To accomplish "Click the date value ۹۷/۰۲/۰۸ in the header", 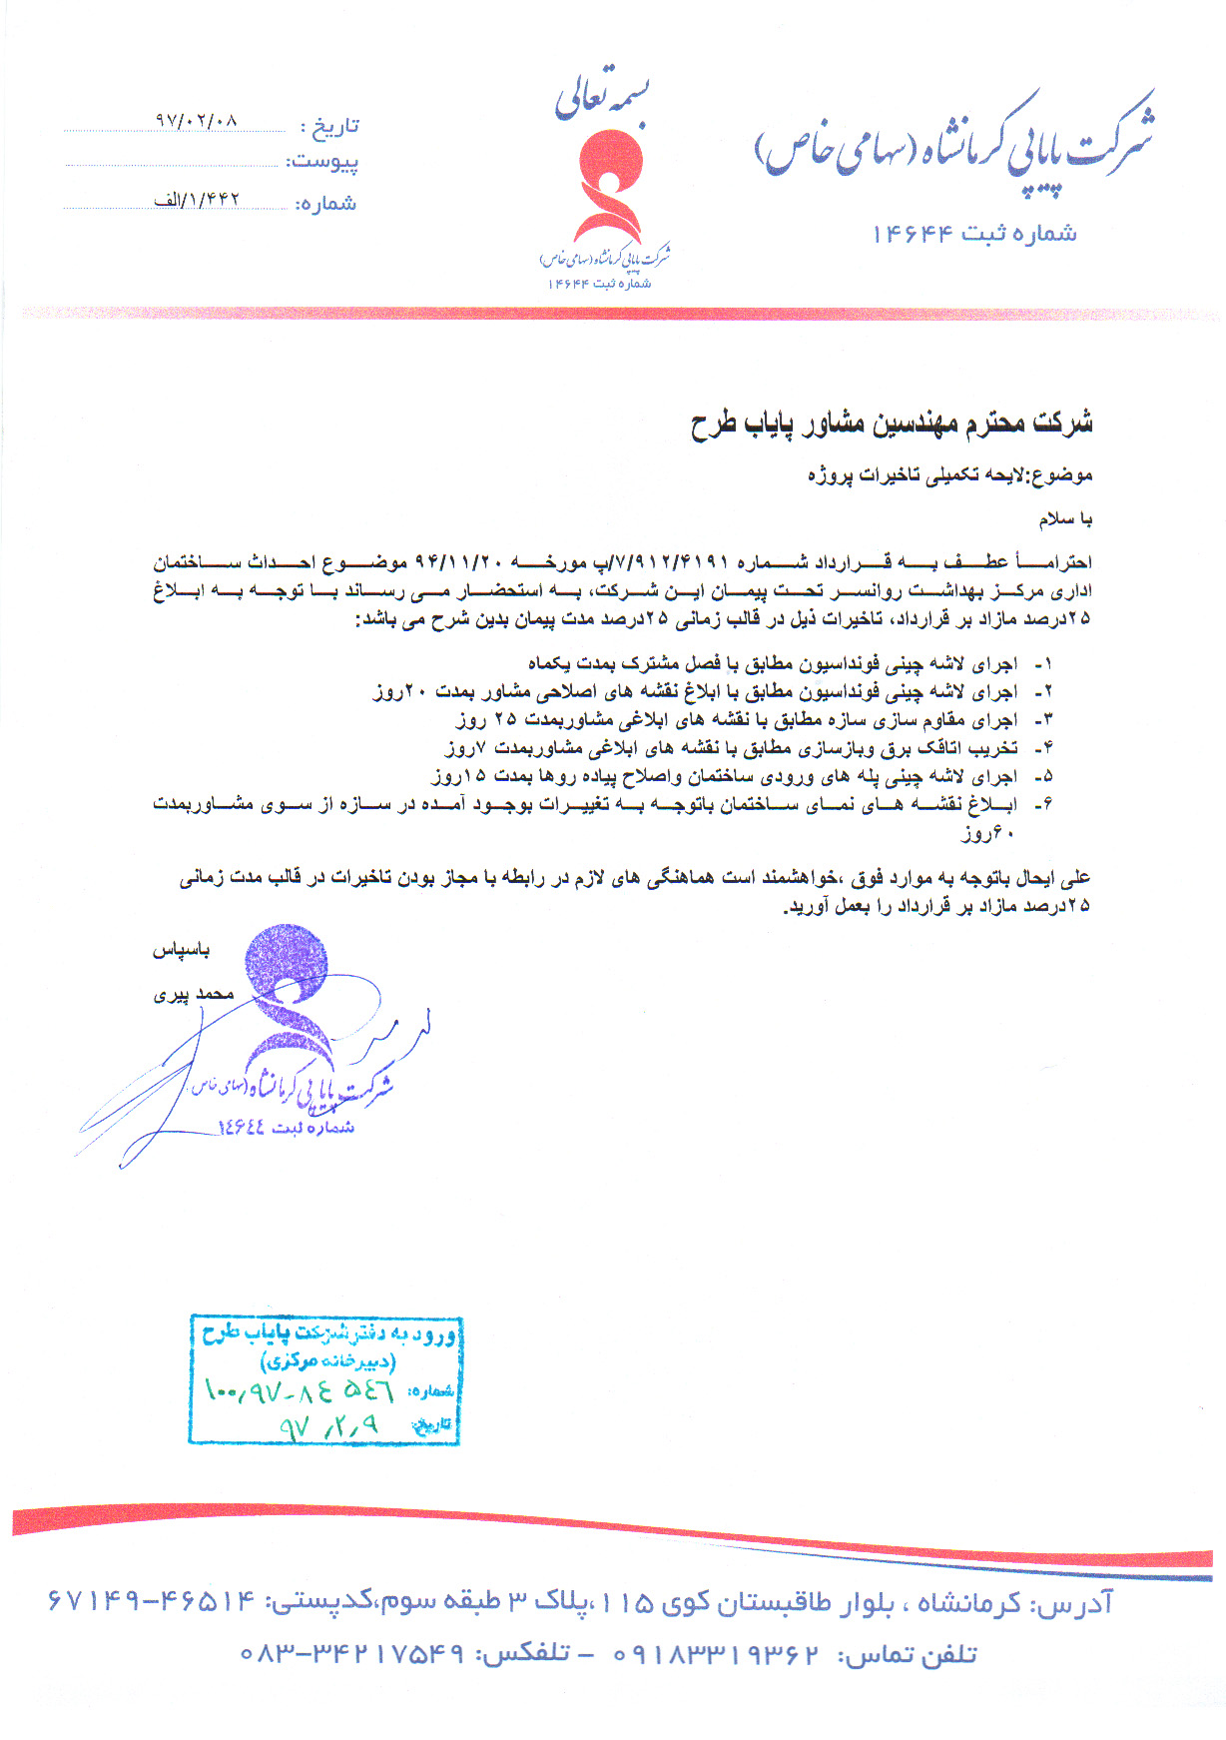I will tap(196, 120).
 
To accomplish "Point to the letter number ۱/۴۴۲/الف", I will tap(197, 200).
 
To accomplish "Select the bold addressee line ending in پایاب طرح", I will tap(891, 424).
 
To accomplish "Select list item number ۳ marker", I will tap(1043, 720).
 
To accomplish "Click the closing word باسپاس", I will tap(181, 950).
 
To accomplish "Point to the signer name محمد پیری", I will tap(193, 994).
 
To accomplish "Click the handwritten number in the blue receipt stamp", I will tap(299, 1390).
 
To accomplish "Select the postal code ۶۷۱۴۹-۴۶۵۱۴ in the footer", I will tap(151, 1603).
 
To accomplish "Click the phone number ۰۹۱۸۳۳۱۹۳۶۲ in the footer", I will tap(717, 1655).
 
